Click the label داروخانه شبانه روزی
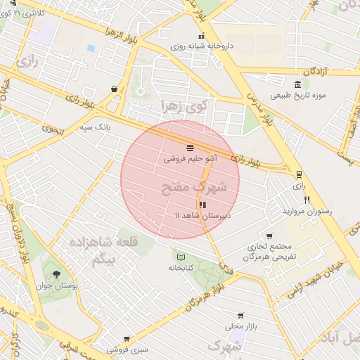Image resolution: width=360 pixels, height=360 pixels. (x=200, y=46)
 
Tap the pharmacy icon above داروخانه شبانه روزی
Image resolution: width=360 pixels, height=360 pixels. (x=201, y=37)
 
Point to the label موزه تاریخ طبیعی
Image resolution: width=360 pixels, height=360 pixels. (x=300, y=95)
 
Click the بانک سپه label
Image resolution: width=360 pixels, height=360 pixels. (x=94, y=127)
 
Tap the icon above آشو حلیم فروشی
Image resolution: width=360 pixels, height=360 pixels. (x=191, y=147)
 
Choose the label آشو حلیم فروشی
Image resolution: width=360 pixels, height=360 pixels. (x=191, y=159)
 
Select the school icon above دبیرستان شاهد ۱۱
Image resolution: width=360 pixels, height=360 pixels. (x=202, y=205)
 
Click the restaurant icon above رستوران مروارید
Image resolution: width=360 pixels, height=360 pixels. (x=306, y=200)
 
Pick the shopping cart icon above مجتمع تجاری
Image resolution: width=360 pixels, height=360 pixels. (x=269, y=237)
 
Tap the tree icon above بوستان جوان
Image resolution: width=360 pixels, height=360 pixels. (x=56, y=275)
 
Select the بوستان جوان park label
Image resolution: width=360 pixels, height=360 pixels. (x=57, y=287)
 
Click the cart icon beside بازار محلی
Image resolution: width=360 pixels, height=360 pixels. (x=241, y=316)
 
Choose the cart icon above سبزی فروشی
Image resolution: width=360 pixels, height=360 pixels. (x=127, y=339)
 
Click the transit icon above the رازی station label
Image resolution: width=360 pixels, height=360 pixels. (x=299, y=174)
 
